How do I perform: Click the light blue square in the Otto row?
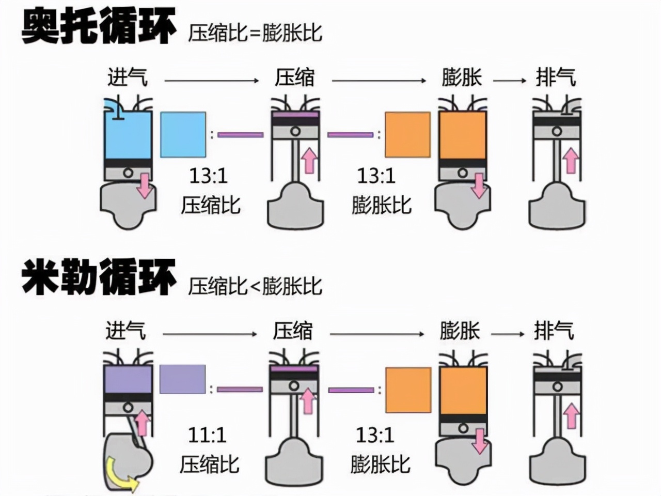pyautogui.click(x=183, y=134)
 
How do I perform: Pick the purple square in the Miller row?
pyautogui.click(x=182, y=379)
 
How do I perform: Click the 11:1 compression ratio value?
pyautogui.click(x=207, y=435)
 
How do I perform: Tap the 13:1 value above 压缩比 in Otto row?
pyautogui.click(x=208, y=176)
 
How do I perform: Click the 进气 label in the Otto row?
pyautogui.click(x=127, y=78)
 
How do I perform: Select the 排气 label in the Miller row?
pyautogui.click(x=554, y=331)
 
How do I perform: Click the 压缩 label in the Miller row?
pyautogui.click(x=293, y=331)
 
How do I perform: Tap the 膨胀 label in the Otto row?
pyautogui.click(x=462, y=78)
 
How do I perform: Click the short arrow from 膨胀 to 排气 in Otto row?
pyautogui.click(x=509, y=81)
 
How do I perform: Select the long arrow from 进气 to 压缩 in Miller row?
pyautogui.click(x=210, y=334)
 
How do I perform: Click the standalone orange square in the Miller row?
pyautogui.click(x=408, y=390)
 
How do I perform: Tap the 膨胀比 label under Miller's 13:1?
pyautogui.click(x=380, y=463)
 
